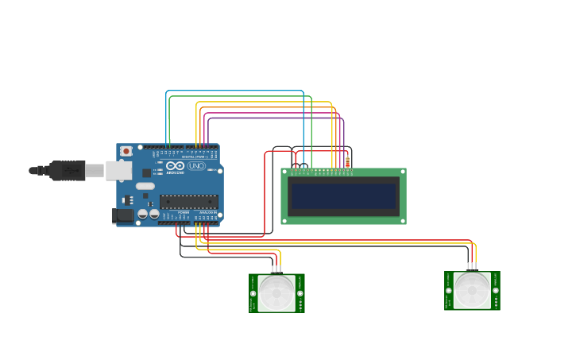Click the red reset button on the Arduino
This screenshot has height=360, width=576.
(126, 151)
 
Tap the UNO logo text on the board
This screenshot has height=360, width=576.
(196, 166)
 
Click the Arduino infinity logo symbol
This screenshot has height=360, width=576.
(176, 166)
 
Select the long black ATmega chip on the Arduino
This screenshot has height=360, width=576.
(189, 202)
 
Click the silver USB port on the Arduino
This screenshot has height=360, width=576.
(118, 170)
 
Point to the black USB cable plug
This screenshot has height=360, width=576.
(68, 170)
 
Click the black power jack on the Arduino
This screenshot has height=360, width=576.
(122, 215)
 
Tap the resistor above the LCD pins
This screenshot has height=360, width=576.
(347, 162)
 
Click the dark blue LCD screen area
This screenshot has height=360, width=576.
(343, 195)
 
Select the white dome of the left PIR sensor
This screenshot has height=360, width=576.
(276, 292)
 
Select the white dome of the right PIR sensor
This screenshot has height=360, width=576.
(472, 290)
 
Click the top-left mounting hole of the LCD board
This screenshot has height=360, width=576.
(284, 171)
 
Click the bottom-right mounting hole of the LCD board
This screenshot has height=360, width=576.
(402, 220)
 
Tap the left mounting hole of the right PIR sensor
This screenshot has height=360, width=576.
(449, 290)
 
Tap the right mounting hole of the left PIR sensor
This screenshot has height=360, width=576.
(300, 293)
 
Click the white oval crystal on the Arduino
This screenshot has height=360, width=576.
(145, 186)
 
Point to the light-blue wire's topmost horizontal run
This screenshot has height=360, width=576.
(234, 91)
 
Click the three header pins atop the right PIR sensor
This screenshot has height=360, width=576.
(472, 267)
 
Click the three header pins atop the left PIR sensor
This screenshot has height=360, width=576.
(276, 269)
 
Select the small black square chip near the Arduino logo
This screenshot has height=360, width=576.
(146, 172)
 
